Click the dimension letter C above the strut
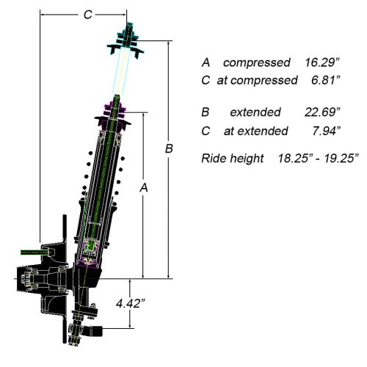click(x=87, y=15)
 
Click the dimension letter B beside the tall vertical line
click(x=168, y=149)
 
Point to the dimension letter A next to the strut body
click(x=145, y=188)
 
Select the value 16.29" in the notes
click(x=324, y=63)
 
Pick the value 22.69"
click(x=323, y=112)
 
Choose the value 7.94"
click(x=324, y=131)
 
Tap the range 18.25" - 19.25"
click(x=317, y=158)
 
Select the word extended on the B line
click(x=255, y=112)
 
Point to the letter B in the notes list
click(x=206, y=112)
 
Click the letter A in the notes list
click(x=206, y=63)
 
